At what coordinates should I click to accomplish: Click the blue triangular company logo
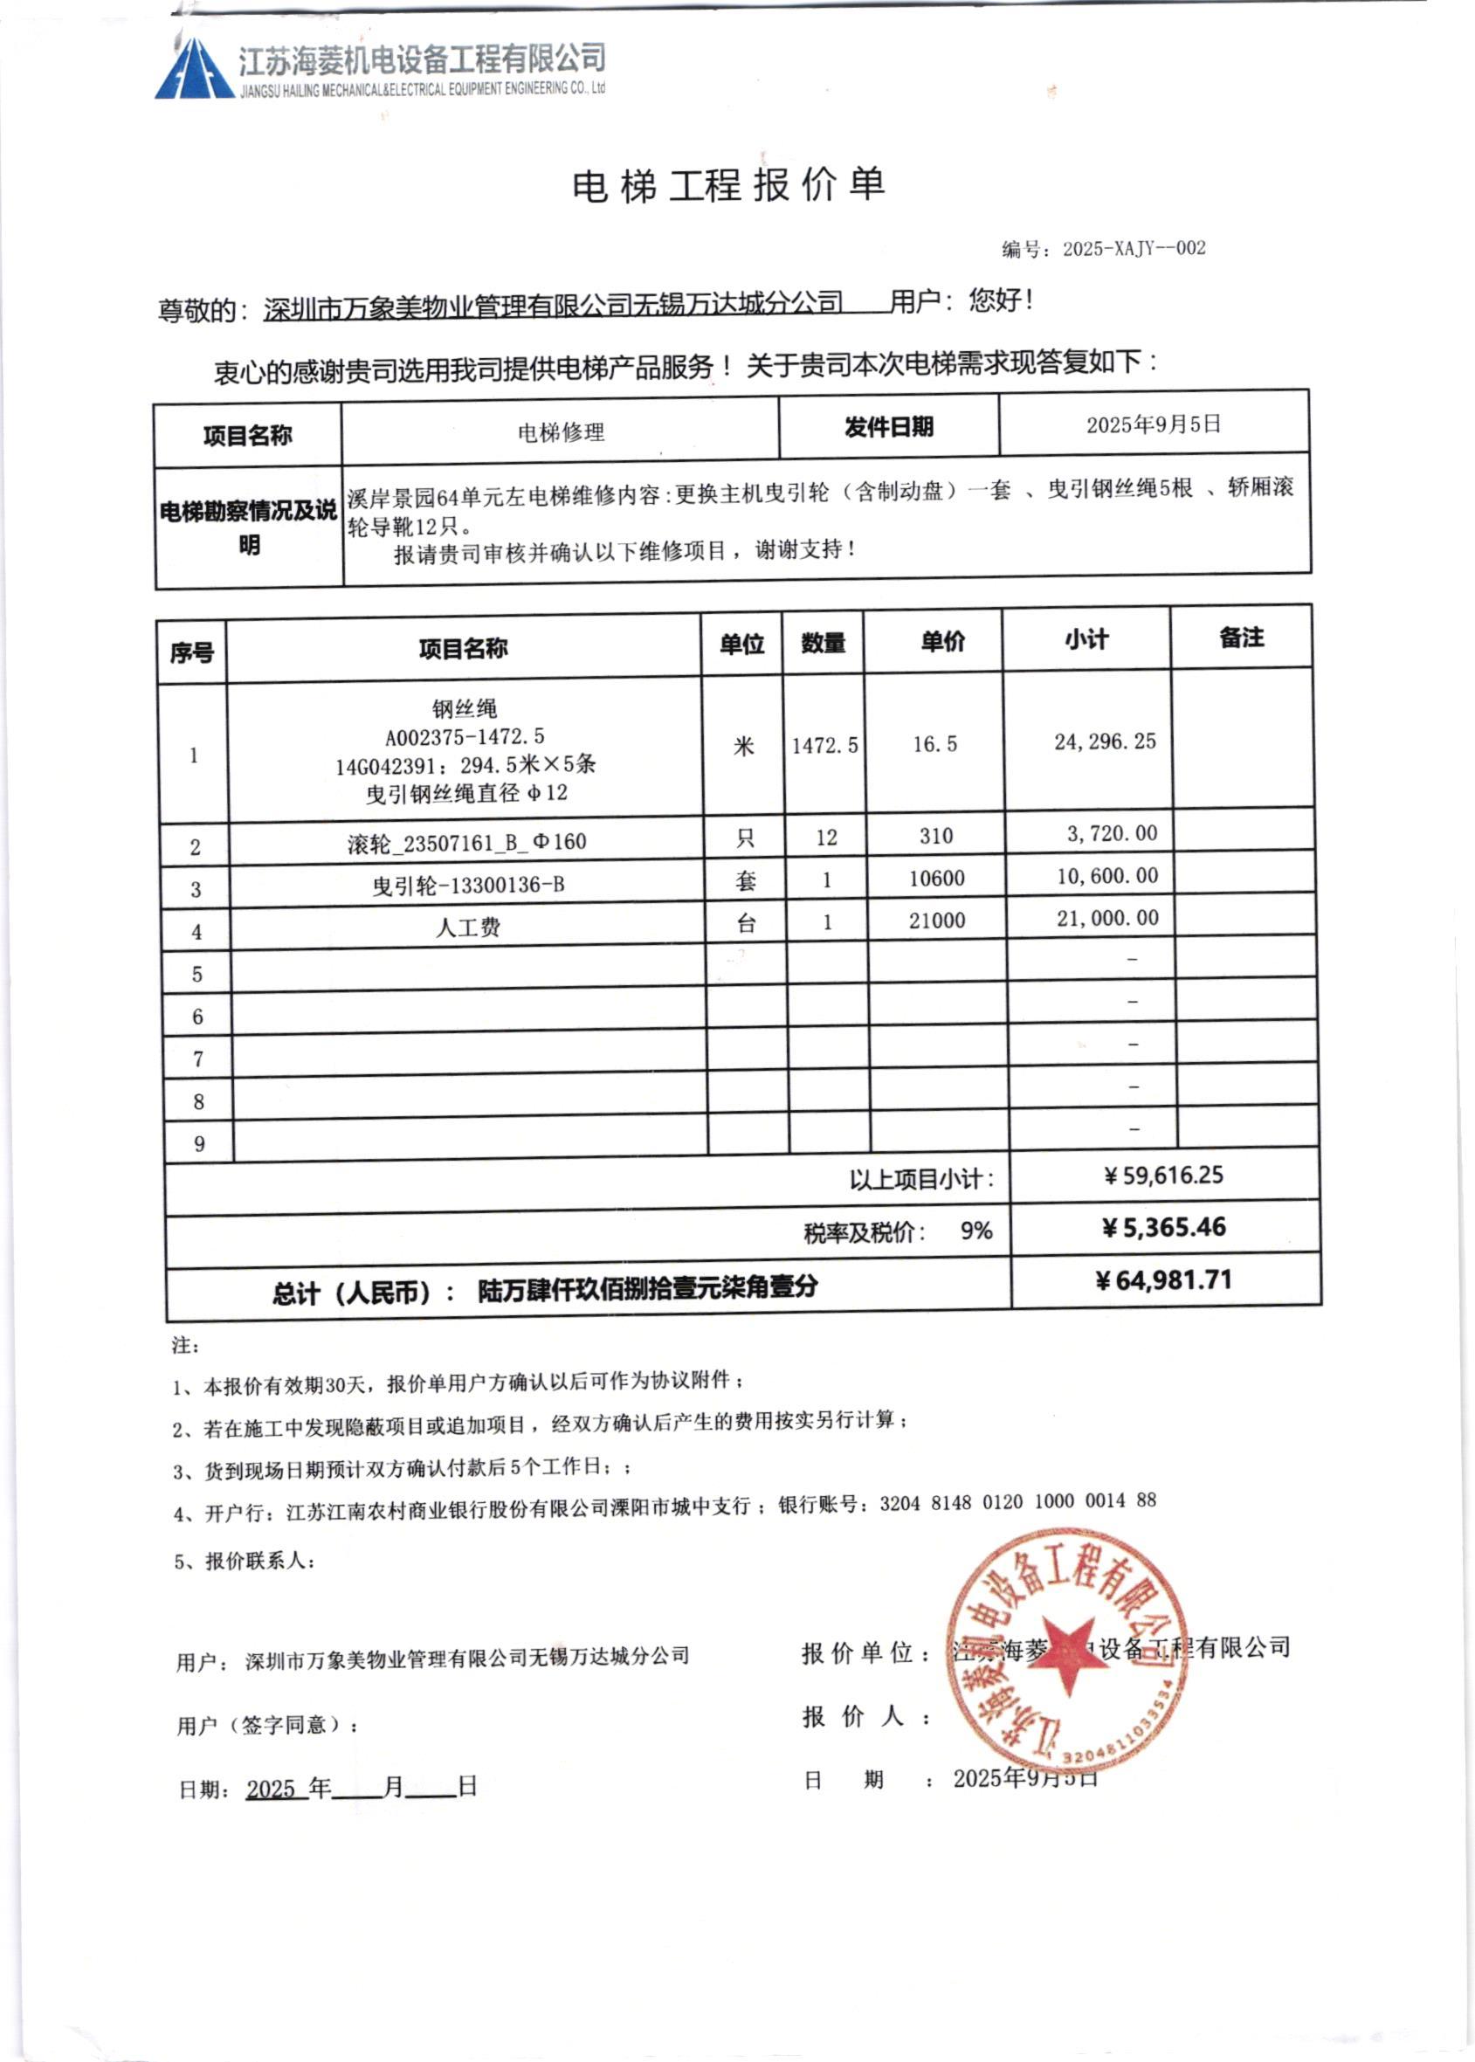tap(190, 71)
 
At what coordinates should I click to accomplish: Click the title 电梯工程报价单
tap(728, 186)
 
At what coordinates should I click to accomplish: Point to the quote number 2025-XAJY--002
tap(1134, 249)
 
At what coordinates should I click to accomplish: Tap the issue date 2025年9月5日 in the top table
tap(1154, 424)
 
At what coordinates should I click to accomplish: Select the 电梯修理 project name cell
tap(561, 432)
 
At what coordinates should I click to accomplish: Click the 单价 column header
tap(943, 642)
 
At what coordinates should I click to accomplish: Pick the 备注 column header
tap(1242, 638)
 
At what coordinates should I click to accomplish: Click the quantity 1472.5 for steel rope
tap(824, 746)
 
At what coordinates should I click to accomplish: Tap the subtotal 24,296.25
tap(1106, 742)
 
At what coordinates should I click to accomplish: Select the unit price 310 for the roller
tap(935, 836)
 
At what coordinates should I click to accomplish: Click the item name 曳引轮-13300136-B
tap(469, 885)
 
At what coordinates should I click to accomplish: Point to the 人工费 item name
tap(469, 928)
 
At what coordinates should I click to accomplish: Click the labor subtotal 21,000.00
tap(1107, 919)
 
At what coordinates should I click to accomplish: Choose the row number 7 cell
tap(198, 1059)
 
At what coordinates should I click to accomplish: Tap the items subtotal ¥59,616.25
tap(1163, 1176)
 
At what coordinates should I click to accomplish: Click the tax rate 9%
tap(976, 1231)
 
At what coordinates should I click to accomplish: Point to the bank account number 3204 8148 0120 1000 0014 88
tap(1017, 1501)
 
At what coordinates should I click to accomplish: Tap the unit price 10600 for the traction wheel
tap(937, 879)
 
